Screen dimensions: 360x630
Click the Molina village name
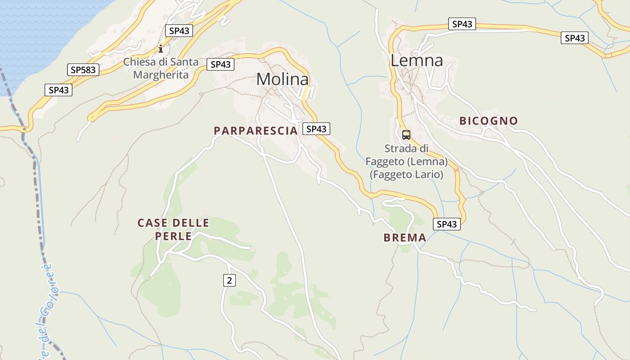(x=283, y=80)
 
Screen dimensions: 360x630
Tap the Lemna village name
(x=417, y=60)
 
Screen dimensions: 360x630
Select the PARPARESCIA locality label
(x=256, y=131)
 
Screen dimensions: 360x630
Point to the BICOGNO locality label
(x=489, y=121)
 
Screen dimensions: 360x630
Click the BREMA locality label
(x=405, y=238)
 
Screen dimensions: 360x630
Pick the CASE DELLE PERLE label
(x=173, y=229)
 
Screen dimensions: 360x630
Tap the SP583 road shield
(x=84, y=70)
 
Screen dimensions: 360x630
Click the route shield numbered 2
(x=229, y=280)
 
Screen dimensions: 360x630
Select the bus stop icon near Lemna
(x=406, y=135)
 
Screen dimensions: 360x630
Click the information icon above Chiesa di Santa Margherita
(x=161, y=49)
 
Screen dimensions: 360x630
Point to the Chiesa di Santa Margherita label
(x=161, y=68)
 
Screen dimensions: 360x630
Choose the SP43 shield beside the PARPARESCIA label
(x=316, y=129)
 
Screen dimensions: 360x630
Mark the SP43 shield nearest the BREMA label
(x=447, y=224)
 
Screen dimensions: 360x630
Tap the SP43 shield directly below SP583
(x=58, y=90)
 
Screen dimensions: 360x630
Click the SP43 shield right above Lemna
(x=462, y=24)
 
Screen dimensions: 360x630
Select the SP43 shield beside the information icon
(x=179, y=31)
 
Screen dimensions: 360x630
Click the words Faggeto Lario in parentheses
(x=406, y=174)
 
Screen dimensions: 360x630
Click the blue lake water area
(x=40, y=36)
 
